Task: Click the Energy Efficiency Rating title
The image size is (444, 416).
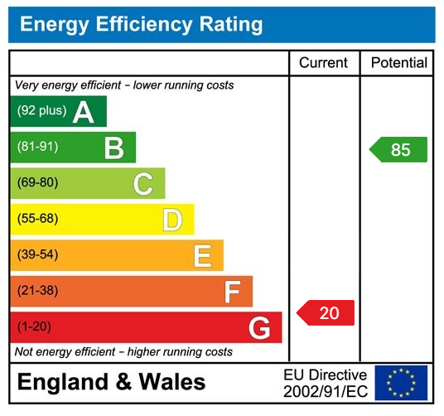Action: click(x=141, y=25)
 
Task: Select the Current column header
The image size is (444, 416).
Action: click(x=324, y=63)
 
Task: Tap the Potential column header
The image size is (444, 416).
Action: click(x=398, y=63)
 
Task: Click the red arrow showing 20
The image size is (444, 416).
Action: click(x=326, y=312)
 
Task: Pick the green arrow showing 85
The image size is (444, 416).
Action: click(x=398, y=150)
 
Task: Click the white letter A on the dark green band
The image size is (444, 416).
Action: click(x=83, y=112)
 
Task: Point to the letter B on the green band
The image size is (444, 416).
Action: click(x=113, y=148)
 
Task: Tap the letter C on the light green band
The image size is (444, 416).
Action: click(x=142, y=184)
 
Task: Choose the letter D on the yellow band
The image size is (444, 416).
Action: click(x=171, y=220)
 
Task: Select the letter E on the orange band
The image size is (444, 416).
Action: click(x=202, y=256)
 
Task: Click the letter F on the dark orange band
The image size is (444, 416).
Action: click(x=232, y=292)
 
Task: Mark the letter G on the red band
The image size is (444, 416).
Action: click(x=259, y=328)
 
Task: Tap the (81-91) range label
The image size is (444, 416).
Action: click(x=38, y=148)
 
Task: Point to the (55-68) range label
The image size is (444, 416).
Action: click(x=38, y=220)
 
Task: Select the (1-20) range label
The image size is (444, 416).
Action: click(x=35, y=327)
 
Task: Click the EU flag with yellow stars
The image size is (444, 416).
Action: click(x=401, y=382)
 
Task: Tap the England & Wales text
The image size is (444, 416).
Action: click(x=111, y=382)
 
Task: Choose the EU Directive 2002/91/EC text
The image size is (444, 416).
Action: click(x=325, y=382)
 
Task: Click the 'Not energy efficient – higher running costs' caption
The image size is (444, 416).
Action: click(x=124, y=352)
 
